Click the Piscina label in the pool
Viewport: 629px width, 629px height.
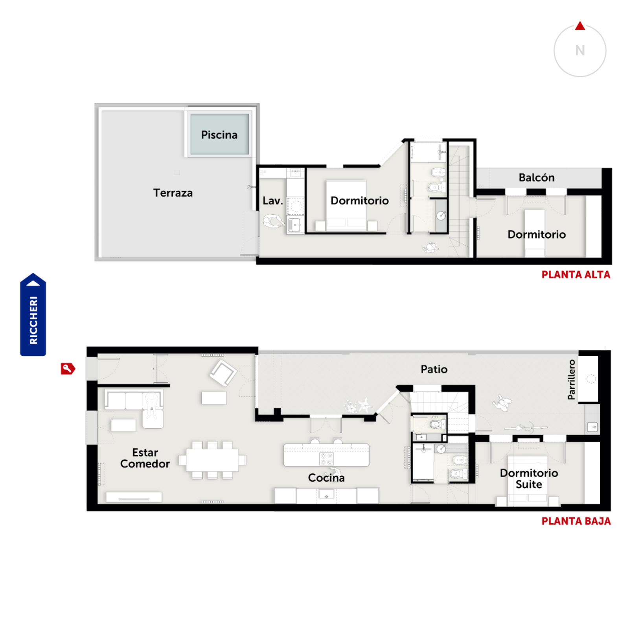tap(219, 135)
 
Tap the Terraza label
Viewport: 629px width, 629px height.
tap(173, 193)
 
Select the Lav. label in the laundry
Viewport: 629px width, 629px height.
tap(272, 200)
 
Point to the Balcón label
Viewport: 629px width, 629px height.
tap(536, 177)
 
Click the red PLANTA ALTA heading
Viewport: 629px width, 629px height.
tap(576, 274)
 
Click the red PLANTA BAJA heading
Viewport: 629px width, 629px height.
tap(576, 521)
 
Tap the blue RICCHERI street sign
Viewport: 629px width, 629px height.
tap(33, 314)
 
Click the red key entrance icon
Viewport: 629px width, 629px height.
tap(68, 368)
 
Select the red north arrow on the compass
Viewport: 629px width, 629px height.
tap(580, 26)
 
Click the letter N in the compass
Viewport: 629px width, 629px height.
tap(580, 50)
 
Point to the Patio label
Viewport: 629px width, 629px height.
tap(434, 369)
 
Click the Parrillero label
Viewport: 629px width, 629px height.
tap(571, 379)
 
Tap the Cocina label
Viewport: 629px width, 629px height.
tap(326, 478)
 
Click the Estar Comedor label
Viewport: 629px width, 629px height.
tap(145, 458)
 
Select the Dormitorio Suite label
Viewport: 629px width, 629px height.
tap(529, 478)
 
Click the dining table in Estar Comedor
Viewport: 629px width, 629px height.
tap(212, 460)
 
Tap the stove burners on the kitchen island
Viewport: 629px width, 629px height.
tap(326, 459)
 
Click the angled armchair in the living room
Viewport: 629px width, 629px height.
tap(223, 372)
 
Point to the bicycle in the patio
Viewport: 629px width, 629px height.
tap(526, 427)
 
